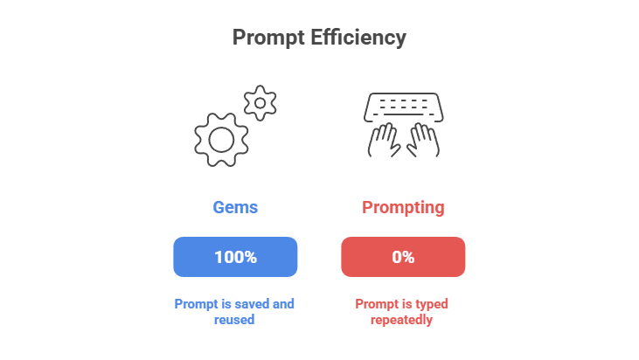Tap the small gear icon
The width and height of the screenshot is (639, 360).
point(260,103)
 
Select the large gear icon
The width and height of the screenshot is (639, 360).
point(221,138)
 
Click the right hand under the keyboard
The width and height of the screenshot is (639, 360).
point(422,141)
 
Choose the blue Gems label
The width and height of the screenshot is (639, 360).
point(235,208)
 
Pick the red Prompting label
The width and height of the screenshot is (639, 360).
point(403,208)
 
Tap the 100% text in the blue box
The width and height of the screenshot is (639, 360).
point(235,257)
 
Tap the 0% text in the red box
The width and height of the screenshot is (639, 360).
point(403,257)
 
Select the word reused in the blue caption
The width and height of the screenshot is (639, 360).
point(235,320)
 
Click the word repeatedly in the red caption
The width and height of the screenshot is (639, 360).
point(403,320)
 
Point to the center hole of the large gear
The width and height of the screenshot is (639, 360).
point(221,138)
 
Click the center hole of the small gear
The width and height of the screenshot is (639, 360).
point(260,103)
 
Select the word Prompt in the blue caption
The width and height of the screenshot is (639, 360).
point(195,304)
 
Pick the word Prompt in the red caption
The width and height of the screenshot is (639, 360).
point(377,304)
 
